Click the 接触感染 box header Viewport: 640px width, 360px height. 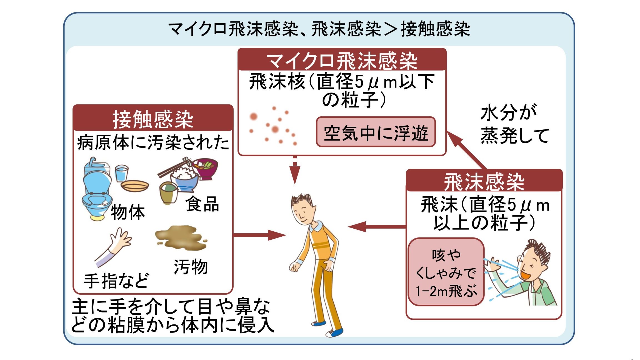[153, 118]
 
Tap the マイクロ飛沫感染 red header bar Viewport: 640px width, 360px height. [342, 60]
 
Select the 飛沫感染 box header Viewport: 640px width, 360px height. [484, 181]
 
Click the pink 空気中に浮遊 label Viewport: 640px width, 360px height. [376, 132]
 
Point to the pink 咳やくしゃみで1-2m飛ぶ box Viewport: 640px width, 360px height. [446, 272]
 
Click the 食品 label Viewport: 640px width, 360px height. [202, 204]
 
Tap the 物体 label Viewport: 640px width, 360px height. [128, 212]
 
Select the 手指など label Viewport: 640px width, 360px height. [116, 281]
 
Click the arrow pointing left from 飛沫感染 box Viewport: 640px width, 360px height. [377, 226]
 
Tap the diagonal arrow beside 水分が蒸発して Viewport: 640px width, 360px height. [466, 150]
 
